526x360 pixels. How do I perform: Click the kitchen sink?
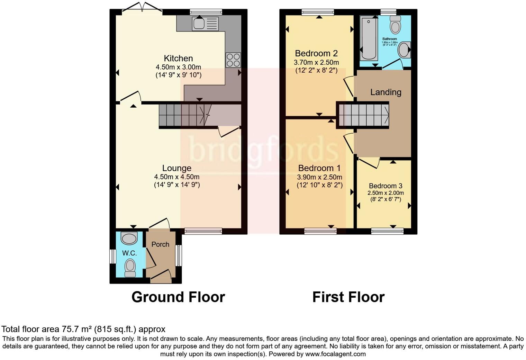205,24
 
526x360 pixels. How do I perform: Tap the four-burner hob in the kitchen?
233,60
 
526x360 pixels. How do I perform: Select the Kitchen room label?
178,58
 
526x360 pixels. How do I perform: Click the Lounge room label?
176,168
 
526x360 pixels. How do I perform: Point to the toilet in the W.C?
130,268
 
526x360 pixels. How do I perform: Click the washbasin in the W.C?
129,238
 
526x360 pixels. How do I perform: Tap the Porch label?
160,244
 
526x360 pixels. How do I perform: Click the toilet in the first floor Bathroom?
395,24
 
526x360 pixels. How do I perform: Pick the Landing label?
386,92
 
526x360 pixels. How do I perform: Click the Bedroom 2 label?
316,53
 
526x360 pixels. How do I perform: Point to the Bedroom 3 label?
385,186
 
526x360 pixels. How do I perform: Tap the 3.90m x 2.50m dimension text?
319,177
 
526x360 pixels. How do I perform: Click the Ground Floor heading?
178,297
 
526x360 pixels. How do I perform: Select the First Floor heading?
348,297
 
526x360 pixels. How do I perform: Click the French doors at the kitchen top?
142,10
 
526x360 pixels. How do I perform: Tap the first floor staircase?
363,115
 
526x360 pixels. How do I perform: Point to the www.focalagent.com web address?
335,354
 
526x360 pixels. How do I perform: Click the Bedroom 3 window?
387,231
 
